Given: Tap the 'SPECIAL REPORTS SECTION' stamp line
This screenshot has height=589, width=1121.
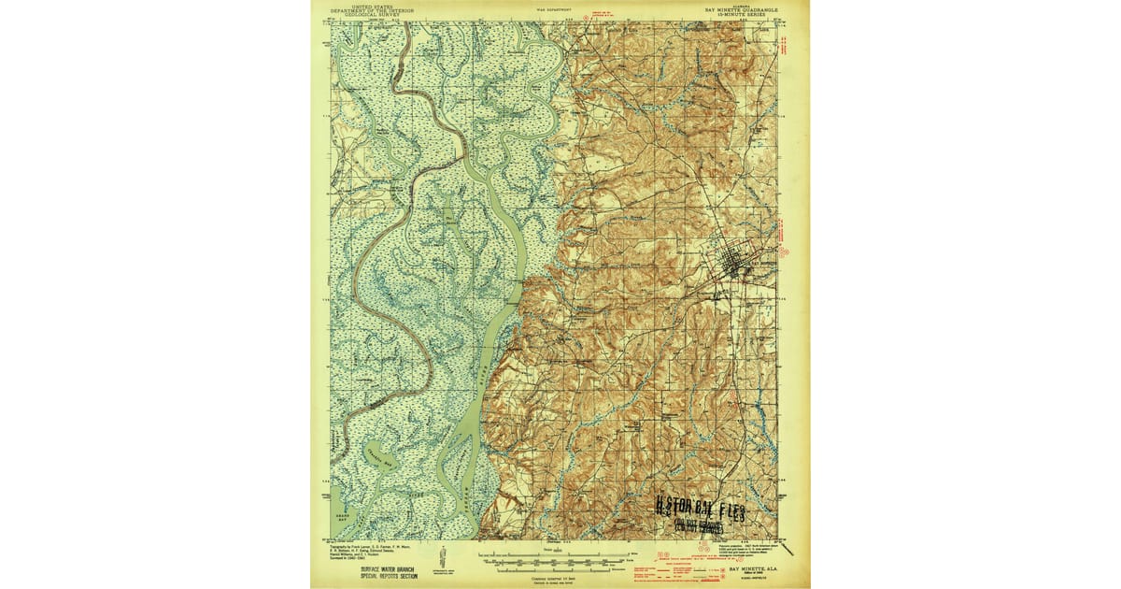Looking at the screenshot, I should (362, 576).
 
